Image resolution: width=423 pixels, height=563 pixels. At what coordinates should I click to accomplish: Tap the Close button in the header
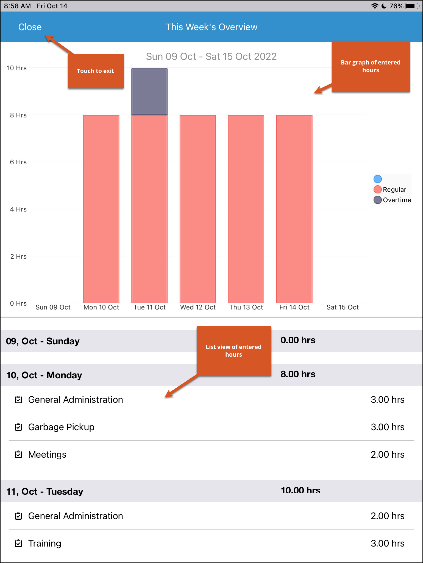[30, 27]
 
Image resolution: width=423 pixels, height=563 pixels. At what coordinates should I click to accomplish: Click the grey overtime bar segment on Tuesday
[149, 91]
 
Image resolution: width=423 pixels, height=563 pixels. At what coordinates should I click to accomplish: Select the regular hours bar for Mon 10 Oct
[101, 209]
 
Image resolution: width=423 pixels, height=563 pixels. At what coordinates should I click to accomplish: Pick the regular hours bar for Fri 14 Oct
[294, 209]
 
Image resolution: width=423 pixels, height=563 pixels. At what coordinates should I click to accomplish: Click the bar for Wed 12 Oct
[198, 209]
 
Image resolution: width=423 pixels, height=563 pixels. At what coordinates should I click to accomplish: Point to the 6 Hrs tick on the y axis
[18, 162]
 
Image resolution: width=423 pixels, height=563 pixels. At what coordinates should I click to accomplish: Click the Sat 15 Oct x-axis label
[343, 307]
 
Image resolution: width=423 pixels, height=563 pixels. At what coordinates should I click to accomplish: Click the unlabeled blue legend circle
[378, 179]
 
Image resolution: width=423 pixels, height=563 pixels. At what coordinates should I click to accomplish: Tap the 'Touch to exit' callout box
[96, 71]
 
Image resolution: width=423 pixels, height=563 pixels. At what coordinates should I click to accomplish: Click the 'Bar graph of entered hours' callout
[371, 66]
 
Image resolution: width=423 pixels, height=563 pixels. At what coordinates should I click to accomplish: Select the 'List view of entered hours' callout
[234, 351]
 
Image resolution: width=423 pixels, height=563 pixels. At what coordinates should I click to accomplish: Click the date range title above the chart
[211, 57]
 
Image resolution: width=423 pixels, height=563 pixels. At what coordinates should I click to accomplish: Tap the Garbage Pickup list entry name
[61, 427]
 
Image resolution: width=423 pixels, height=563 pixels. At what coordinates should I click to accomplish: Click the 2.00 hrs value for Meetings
[387, 455]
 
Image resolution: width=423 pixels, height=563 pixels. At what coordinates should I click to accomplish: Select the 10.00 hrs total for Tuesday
[300, 490]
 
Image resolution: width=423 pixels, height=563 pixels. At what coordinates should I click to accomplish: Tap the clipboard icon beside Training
[18, 543]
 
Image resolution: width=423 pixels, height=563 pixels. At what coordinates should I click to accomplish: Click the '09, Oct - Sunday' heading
[43, 341]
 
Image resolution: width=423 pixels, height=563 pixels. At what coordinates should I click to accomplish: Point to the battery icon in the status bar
[411, 6]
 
